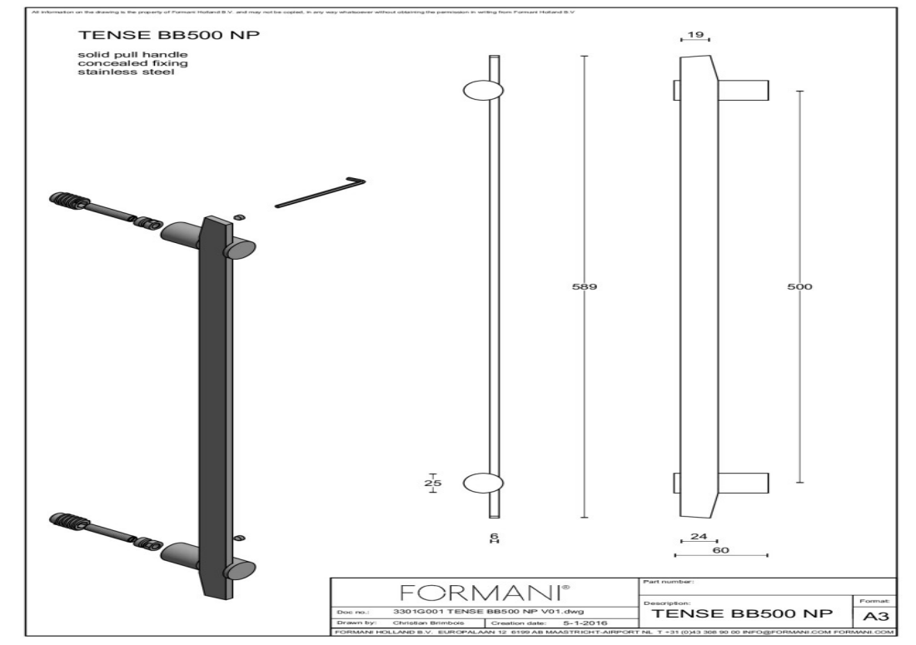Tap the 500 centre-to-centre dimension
[799, 286]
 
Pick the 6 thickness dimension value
[493, 535]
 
